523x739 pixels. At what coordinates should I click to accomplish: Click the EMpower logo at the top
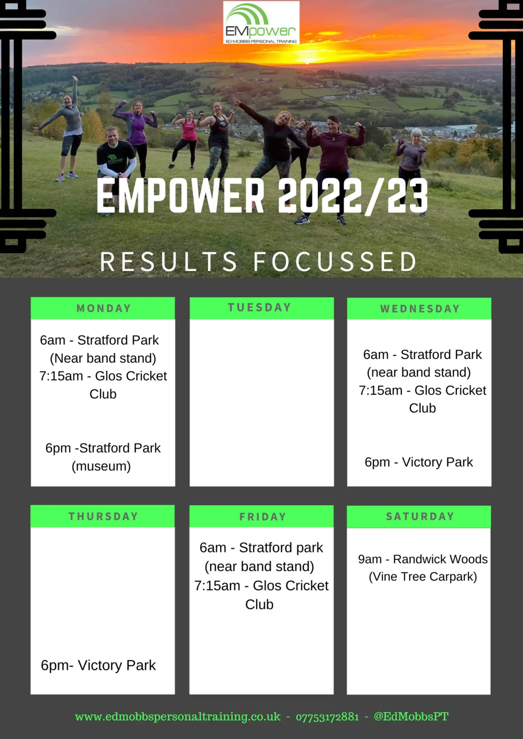(261, 22)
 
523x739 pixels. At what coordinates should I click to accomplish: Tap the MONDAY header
(103, 308)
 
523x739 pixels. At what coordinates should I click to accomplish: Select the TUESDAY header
(259, 307)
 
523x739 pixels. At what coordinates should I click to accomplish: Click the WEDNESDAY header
(420, 309)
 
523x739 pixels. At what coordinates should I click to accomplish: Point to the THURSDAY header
(103, 516)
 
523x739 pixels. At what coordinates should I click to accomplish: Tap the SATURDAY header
(420, 516)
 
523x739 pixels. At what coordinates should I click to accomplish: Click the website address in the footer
(178, 717)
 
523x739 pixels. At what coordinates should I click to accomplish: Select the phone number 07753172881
(327, 717)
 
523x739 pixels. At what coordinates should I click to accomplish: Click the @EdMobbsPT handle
(411, 717)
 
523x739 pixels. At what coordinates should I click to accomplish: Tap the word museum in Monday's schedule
(101, 466)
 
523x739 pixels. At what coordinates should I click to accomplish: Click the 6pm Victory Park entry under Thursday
(98, 665)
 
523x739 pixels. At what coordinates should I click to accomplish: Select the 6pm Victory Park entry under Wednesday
(419, 462)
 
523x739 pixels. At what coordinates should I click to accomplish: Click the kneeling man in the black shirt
(115, 158)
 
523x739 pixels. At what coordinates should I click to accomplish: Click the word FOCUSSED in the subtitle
(335, 262)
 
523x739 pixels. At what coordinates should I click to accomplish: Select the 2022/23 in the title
(353, 196)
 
